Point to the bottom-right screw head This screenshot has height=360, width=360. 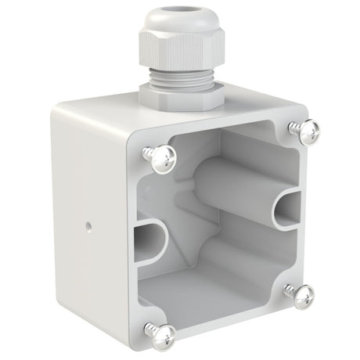(x=303, y=295)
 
